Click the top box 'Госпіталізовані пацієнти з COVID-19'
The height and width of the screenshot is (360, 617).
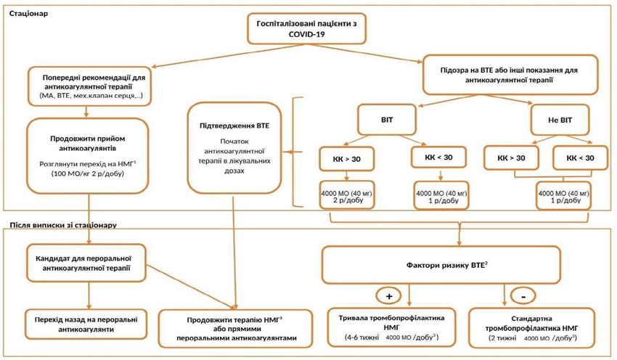pyautogui.click(x=306, y=28)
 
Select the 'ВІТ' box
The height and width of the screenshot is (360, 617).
pyautogui.click(x=387, y=120)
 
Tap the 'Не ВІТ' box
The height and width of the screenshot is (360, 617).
pyautogui.click(x=560, y=120)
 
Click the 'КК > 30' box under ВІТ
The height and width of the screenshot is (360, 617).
pyautogui.click(x=347, y=159)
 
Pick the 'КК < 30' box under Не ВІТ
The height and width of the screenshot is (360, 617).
pyautogui.click(x=581, y=157)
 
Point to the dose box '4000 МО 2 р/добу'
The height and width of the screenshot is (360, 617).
pyautogui.click(x=347, y=195)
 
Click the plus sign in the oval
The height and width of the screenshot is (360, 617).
pyautogui.click(x=389, y=296)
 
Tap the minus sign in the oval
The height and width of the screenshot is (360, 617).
pyautogui.click(x=523, y=297)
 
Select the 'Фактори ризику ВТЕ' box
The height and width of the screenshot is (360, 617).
pyautogui.click(x=441, y=265)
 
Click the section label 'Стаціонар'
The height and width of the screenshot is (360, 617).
pyautogui.click(x=29, y=13)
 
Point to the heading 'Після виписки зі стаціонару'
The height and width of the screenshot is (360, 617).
pyautogui.click(x=63, y=226)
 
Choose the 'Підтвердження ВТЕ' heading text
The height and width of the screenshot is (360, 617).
pyautogui.click(x=234, y=126)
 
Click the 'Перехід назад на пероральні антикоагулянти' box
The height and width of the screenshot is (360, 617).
pyautogui.click(x=86, y=324)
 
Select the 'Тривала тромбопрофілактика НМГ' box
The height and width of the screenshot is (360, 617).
pyautogui.click(x=391, y=328)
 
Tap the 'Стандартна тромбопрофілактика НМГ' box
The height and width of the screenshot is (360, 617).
pyautogui.click(x=531, y=328)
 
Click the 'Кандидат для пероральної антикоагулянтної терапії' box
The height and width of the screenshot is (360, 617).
pyautogui.click(x=86, y=263)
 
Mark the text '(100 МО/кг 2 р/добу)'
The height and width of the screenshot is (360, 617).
pyautogui.click(x=88, y=173)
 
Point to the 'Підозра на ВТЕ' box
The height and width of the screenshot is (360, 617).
pyautogui.click(x=510, y=75)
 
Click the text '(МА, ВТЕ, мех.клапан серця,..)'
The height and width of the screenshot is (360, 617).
pyautogui.click(x=91, y=96)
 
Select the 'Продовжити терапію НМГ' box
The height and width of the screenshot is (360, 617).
pyautogui.click(x=235, y=329)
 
